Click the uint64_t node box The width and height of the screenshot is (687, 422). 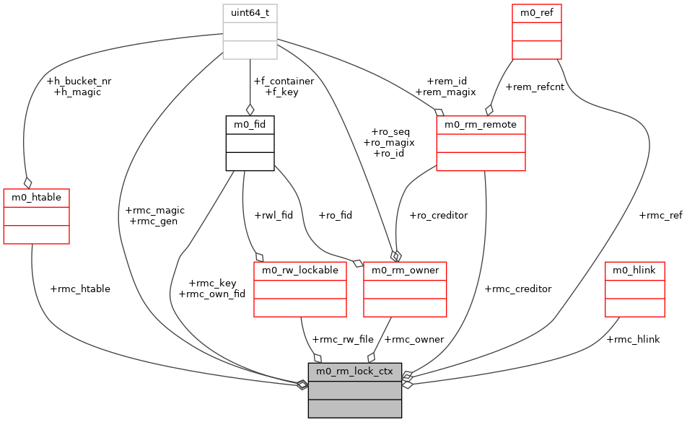click(250, 32)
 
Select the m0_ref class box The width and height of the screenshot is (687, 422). click(537, 32)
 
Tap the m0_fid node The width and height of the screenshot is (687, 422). click(250, 143)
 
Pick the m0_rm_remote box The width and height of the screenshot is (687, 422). click(481, 143)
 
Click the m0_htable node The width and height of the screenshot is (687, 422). click(37, 216)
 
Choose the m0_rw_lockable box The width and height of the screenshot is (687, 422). click(300, 289)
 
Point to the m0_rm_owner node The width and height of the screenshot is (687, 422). click(406, 289)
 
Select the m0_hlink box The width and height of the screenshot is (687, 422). click(634, 289)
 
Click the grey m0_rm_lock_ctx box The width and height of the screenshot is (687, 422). click(354, 390)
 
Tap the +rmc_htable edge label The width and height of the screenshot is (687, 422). click(80, 289)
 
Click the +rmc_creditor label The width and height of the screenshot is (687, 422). click(517, 289)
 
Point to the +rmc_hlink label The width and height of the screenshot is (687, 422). click(633, 339)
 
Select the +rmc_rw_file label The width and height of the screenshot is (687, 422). click(343, 339)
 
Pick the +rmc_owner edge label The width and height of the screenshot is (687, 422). click(414, 339)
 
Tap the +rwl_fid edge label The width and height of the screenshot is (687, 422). click(274, 215)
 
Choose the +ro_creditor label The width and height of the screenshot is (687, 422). click(438, 215)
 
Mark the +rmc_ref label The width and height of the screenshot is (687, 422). click(660, 215)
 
